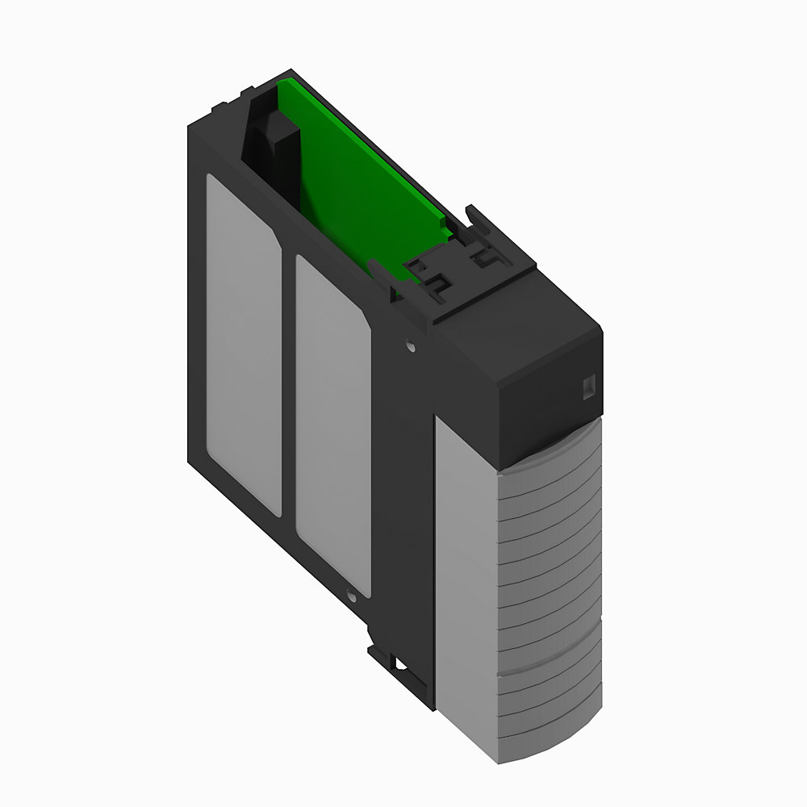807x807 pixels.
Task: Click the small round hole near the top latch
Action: pyautogui.click(x=412, y=346)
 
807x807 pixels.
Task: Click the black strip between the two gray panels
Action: pyautogui.click(x=289, y=387)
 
